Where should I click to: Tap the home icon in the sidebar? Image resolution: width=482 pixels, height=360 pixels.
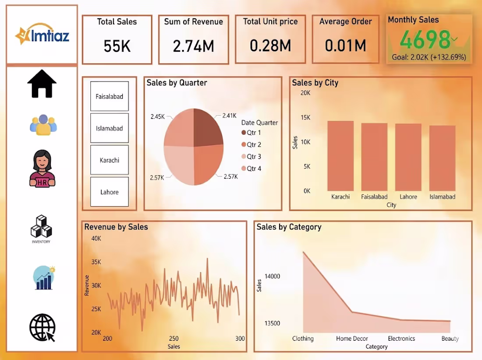42,84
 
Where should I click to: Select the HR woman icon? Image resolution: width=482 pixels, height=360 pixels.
42,168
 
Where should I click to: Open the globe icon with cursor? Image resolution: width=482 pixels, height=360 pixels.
42,327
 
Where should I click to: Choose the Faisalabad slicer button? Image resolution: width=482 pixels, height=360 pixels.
110,96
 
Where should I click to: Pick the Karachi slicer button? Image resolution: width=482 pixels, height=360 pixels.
110,160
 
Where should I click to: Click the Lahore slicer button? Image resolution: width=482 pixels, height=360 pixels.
110,192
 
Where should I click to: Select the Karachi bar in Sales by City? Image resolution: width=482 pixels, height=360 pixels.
340,156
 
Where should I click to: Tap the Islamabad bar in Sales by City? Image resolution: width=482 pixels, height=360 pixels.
442,158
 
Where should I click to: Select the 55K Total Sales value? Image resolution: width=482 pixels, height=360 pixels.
117,46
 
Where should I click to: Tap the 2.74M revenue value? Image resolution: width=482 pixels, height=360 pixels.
193,46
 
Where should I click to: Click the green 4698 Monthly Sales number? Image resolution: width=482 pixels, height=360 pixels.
425,40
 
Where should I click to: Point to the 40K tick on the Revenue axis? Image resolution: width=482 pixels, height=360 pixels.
96,238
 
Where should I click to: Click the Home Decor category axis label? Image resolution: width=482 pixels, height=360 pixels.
352,339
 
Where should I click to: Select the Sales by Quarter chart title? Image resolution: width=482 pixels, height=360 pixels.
177,83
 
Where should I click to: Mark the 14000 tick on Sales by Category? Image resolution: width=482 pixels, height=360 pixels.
272,276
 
